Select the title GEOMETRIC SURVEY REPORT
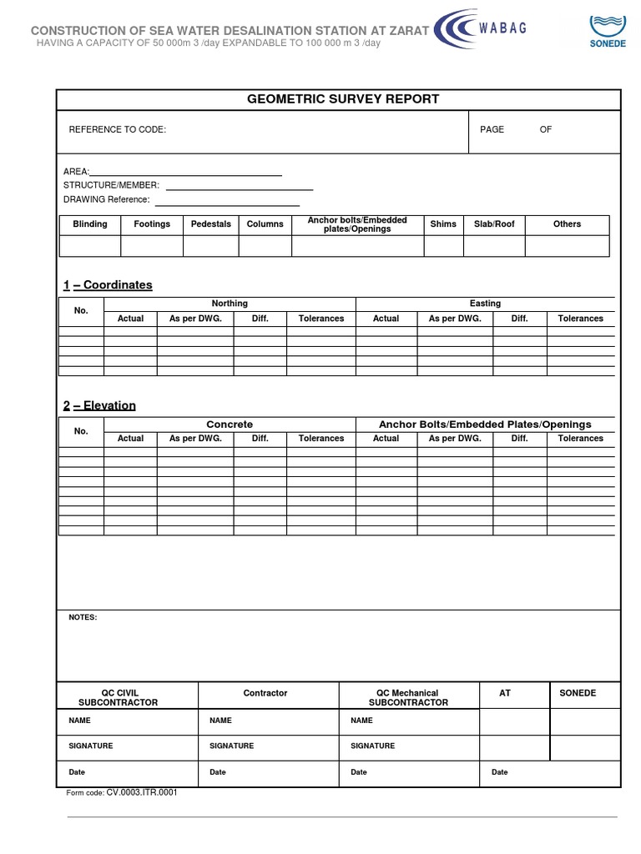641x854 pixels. click(x=342, y=99)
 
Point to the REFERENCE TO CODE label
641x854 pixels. click(x=117, y=130)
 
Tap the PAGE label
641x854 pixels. click(x=492, y=130)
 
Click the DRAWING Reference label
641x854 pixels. click(x=106, y=200)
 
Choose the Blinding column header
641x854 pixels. click(x=90, y=224)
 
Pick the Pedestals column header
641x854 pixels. click(x=211, y=224)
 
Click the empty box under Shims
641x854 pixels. click(x=443, y=246)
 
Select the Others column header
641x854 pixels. click(x=567, y=224)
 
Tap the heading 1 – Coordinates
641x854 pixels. click(x=108, y=285)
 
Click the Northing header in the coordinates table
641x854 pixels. click(x=230, y=304)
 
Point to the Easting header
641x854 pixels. click(x=485, y=304)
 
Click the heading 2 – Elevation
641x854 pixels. click(x=99, y=406)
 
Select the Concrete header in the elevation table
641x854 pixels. click(x=230, y=424)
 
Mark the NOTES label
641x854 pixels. click(x=83, y=617)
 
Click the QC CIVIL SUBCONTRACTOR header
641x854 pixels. click(x=129, y=698)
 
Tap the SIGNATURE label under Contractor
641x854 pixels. click(x=232, y=746)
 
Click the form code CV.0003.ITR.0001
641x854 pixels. click(x=142, y=793)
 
